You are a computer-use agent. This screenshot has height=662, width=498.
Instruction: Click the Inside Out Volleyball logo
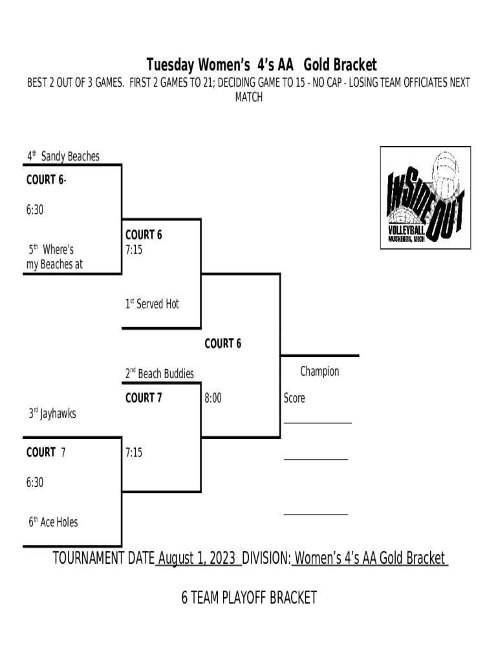click(x=425, y=197)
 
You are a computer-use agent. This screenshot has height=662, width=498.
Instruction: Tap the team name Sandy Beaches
click(x=70, y=156)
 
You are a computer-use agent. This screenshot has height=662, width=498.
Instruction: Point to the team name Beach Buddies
click(x=165, y=374)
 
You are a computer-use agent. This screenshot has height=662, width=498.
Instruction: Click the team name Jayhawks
click(x=58, y=413)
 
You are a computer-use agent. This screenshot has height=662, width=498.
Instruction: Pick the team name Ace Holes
click(x=58, y=522)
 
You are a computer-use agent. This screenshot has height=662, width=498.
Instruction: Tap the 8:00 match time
click(x=213, y=398)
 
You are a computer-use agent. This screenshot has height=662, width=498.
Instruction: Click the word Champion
click(x=319, y=371)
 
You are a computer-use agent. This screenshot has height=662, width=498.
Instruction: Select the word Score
click(x=294, y=398)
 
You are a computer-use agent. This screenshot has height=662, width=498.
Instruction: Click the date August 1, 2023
click(x=197, y=558)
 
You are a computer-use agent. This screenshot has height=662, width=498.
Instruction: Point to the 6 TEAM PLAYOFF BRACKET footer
click(x=249, y=597)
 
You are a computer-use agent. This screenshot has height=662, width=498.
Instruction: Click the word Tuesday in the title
click(x=169, y=65)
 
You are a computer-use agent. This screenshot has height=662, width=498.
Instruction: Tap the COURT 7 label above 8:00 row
click(x=143, y=398)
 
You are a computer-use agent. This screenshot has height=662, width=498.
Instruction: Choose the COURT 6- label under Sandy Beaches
click(x=46, y=180)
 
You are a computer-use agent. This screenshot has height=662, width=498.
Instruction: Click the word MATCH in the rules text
click(x=248, y=97)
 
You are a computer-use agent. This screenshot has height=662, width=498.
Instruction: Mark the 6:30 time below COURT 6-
click(x=35, y=209)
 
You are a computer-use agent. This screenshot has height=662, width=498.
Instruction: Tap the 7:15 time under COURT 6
click(x=134, y=249)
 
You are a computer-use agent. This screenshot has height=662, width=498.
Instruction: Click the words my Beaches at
click(x=54, y=264)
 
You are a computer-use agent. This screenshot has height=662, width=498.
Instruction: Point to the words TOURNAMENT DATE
click(x=103, y=558)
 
